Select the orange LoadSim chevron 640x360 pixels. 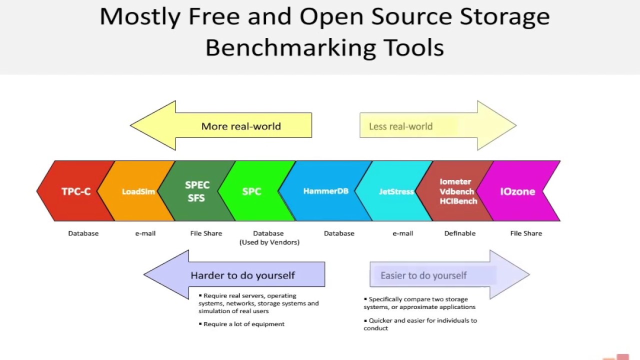click(138, 191)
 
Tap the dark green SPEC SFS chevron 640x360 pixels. click(197, 191)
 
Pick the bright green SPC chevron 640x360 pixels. click(251, 191)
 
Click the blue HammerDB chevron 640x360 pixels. click(325, 191)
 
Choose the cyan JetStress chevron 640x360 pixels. click(396, 191)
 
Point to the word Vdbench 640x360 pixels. click(456, 191)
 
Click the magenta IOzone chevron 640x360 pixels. click(517, 191)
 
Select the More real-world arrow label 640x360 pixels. click(241, 126)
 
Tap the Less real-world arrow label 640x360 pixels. click(400, 126)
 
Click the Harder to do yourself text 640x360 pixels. click(242, 275)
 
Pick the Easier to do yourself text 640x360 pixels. click(423, 275)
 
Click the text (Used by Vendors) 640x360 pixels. click(269, 242)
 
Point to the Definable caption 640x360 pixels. click(459, 233)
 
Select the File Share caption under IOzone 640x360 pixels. click(525, 233)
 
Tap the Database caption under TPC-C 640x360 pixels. click(83, 233)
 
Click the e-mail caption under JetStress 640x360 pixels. click(402, 233)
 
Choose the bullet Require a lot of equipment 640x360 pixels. click(243, 324)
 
